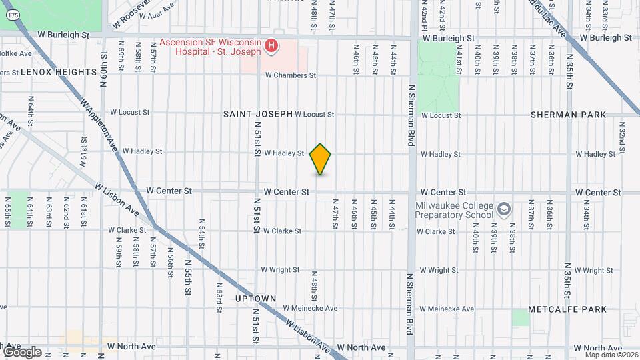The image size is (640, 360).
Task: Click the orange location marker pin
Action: coord(321,159)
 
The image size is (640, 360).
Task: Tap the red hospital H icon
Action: coord(271,46)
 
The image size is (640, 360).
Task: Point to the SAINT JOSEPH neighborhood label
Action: coord(258,114)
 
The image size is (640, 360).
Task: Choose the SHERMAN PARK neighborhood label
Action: coord(569,115)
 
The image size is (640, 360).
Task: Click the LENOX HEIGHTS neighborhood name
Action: coord(59,71)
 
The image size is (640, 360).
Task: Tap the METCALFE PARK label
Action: coord(567,309)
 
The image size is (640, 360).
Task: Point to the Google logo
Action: coord(21,351)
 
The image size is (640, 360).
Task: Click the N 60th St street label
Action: coord(103,64)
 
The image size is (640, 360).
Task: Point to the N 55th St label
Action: coord(188,279)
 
